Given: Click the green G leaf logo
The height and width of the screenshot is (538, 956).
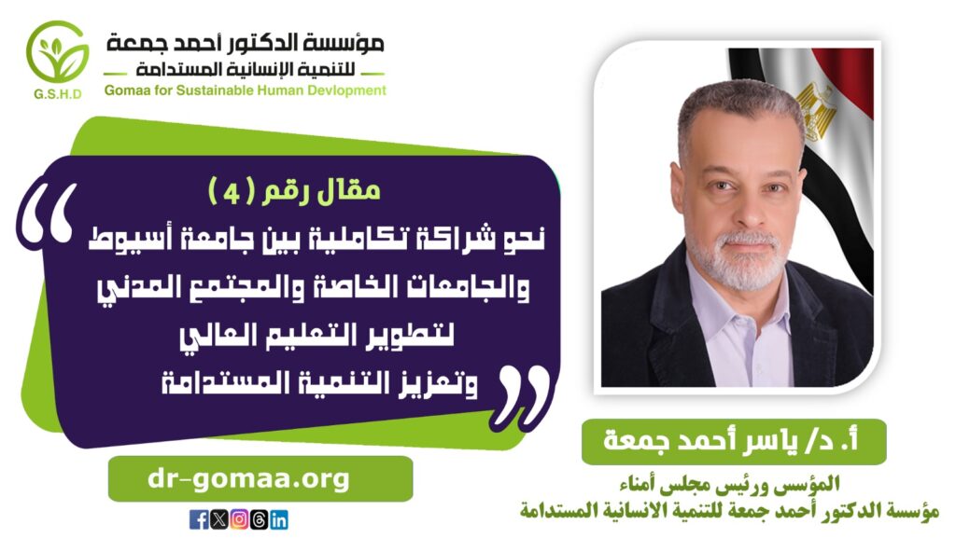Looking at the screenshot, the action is (x=57, y=52).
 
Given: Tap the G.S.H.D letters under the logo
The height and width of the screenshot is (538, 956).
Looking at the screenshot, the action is (x=58, y=94).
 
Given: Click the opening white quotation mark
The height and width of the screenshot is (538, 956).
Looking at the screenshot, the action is (x=48, y=216).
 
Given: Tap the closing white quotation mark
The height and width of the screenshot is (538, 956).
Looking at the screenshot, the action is (x=524, y=395).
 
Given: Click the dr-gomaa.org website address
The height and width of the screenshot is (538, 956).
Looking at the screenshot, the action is (x=248, y=479).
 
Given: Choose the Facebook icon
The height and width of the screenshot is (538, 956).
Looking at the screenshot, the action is (x=199, y=519).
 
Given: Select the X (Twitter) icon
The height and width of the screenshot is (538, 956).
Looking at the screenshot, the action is (x=218, y=519).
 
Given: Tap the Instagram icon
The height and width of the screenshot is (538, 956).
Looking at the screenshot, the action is (x=239, y=519).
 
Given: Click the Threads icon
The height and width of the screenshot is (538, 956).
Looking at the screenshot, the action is (x=260, y=519).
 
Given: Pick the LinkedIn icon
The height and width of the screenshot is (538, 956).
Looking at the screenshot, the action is (x=278, y=519).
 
